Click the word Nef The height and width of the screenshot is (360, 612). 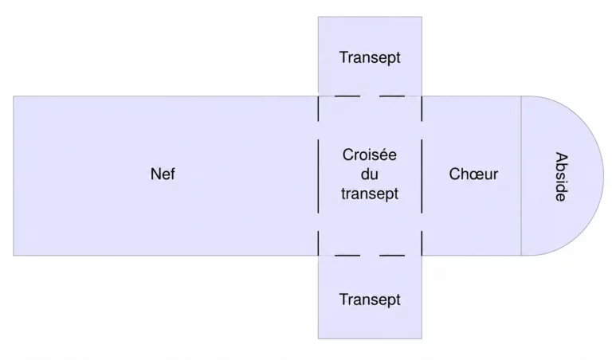pos(163,174)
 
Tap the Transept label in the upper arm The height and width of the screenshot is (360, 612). pos(370,57)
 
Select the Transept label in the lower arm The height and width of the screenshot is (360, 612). pos(370,299)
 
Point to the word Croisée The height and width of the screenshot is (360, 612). pos(369,155)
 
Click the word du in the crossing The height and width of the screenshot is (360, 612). pos(369,174)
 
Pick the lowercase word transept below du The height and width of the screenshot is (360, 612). pos(370,194)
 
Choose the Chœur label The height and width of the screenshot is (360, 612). pos(473,174)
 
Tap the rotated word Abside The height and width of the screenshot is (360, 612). pos(561,177)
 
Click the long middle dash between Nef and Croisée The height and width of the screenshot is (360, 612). pos(318,176)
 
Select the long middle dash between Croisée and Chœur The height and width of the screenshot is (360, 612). pos(422,176)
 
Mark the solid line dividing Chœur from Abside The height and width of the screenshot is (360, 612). pos(521,176)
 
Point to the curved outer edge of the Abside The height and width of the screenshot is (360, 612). pos(603,176)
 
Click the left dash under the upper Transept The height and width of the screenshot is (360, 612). pos(347,96)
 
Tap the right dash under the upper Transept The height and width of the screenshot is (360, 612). pos(392,96)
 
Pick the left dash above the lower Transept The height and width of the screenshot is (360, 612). pos(347,256)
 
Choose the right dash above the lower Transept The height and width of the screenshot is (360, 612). pos(392,256)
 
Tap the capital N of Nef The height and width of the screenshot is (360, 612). pos(155,174)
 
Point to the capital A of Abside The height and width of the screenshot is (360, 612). pos(561,158)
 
